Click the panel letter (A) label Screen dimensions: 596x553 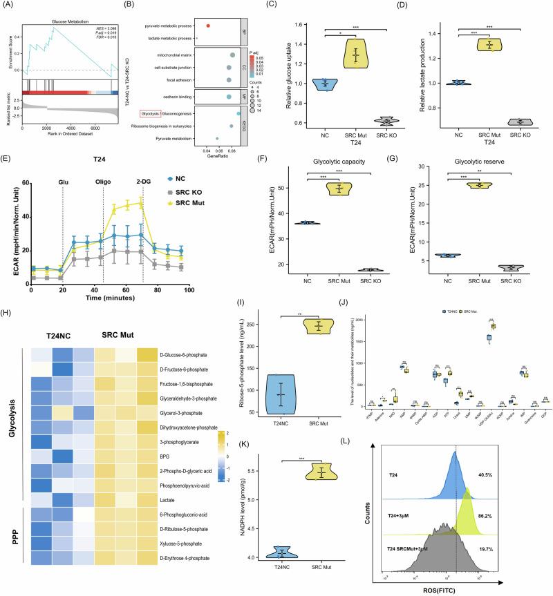pyautogui.click(x=8, y=6)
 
